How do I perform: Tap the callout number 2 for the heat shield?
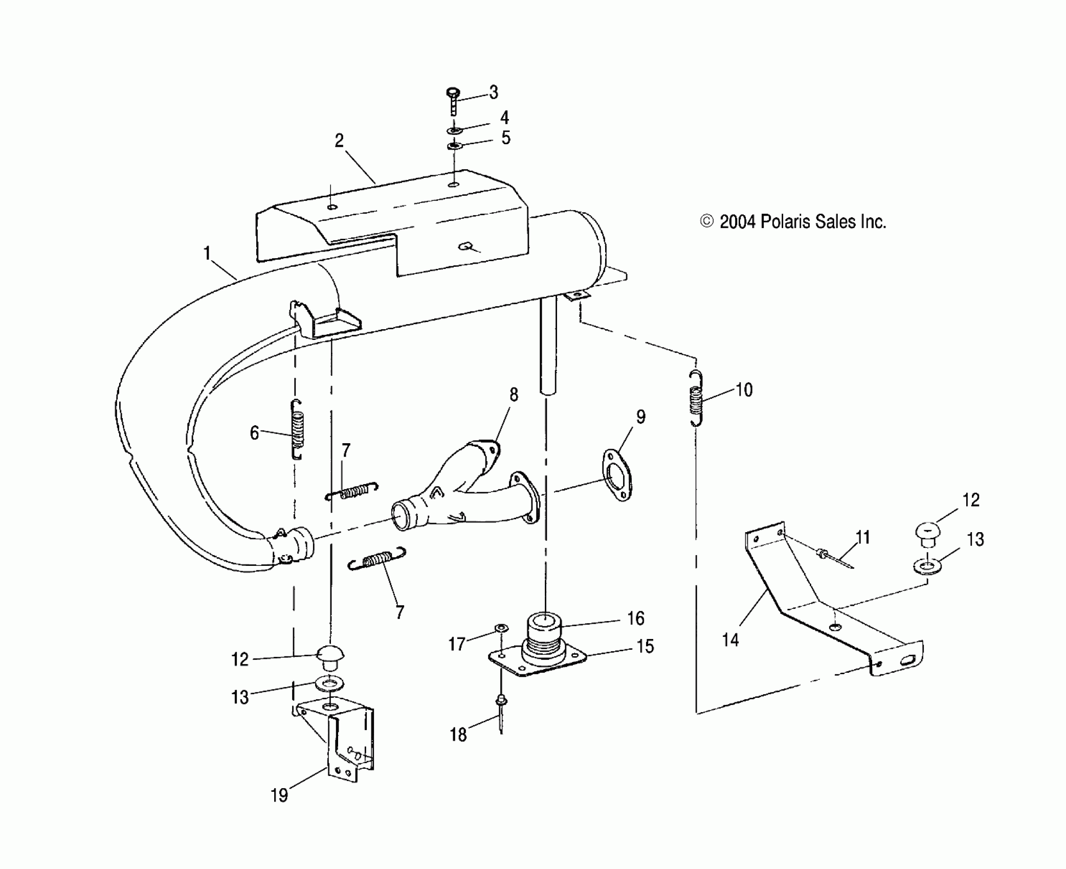(339, 141)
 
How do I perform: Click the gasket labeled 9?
(617, 475)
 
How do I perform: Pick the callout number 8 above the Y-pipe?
(514, 395)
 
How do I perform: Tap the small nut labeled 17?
(502, 628)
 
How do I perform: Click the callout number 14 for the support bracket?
(730, 639)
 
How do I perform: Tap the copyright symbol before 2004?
(706, 221)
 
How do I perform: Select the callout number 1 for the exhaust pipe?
(207, 253)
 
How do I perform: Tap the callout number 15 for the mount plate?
(645, 647)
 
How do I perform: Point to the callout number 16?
(636, 619)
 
